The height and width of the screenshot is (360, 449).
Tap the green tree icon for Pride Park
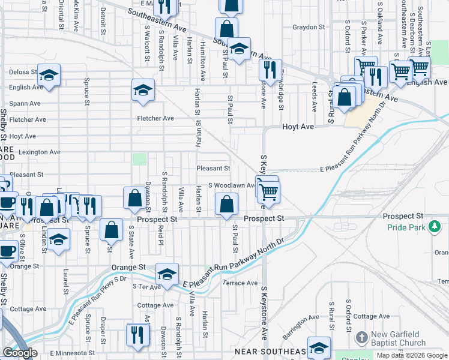coord(434,227)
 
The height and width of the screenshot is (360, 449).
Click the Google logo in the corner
coord(20,353)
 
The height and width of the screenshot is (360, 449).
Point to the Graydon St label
coord(309,28)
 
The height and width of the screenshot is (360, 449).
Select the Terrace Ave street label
coord(240,283)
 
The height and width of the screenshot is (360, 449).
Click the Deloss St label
coord(23,72)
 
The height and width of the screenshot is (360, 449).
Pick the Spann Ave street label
coord(25,103)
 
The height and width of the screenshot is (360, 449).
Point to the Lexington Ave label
coord(40,152)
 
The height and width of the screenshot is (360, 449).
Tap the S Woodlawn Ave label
coord(232,185)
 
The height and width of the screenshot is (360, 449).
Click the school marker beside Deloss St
coord(49,76)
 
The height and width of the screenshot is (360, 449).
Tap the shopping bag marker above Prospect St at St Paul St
coord(226,205)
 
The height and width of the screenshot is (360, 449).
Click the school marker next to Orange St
coord(167,274)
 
